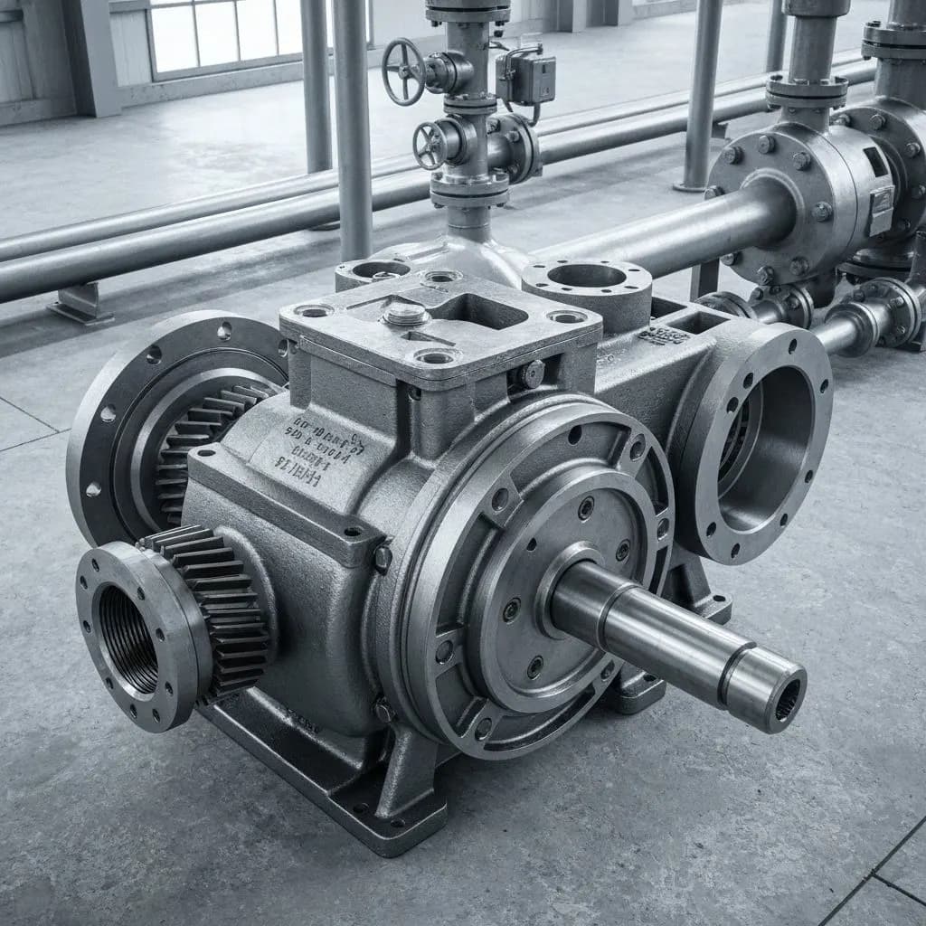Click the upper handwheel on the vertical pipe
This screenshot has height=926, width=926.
click(403, 71)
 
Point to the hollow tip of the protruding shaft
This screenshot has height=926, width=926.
click(784, 700)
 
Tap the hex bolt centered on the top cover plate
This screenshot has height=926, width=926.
click(406, 314)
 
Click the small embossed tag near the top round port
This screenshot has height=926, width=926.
click(663, 335)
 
